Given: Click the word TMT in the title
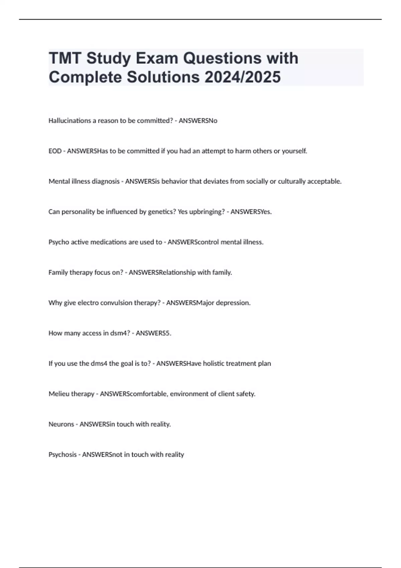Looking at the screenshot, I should point(65,58).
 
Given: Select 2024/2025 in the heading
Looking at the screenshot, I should point(243,77).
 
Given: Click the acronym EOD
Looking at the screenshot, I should point(55,151).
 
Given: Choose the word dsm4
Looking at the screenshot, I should point(120,333).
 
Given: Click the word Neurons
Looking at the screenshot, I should point(61,424).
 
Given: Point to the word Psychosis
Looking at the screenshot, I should point(62,455).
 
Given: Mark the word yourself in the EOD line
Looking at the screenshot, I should point(294,151).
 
